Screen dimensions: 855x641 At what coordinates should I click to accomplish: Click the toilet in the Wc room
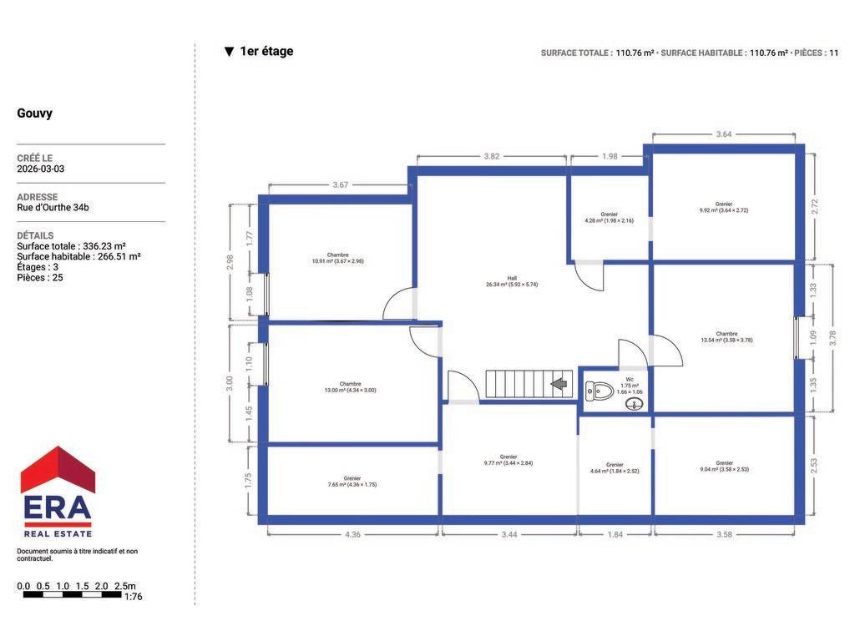click(x=599, y=391)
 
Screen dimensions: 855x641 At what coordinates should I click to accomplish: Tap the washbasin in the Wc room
click(x=635, y=404)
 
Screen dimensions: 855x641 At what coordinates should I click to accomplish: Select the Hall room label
click(x=512, y=281)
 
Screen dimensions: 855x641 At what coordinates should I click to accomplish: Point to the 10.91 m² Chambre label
click(x=337, y=258)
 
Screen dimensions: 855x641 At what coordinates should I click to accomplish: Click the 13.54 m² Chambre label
click(x=726, y=337)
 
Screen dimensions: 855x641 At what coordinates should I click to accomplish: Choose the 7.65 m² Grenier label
click(x=352, y=482)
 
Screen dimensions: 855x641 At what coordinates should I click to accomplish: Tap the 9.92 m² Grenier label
click(x=724, y=207)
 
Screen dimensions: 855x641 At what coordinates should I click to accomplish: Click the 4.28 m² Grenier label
click(x=609, y=218)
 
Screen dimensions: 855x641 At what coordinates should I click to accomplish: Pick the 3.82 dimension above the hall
click(x=491, y=156)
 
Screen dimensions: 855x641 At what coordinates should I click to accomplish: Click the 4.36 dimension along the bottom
click(x=352, y=535)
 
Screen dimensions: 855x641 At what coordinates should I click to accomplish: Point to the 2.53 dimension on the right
click(x=813, y=466)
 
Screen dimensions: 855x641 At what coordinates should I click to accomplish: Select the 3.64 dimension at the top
click(x=724, y=134)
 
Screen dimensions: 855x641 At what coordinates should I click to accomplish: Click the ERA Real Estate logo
click(x=58, y=492)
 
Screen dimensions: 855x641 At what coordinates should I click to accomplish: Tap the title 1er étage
click(x=266, y=51)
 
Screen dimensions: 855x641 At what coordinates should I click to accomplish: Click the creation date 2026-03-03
click(x=40, y=169)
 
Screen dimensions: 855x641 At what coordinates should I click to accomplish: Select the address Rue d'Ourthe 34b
click(x=53, y=208)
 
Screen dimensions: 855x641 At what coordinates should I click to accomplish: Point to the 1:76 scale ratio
click(x=133, y=597)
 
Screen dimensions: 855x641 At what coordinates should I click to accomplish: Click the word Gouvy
click(x=35, y=114)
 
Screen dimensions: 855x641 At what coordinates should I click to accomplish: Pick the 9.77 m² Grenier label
click(x=508, y=460)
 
